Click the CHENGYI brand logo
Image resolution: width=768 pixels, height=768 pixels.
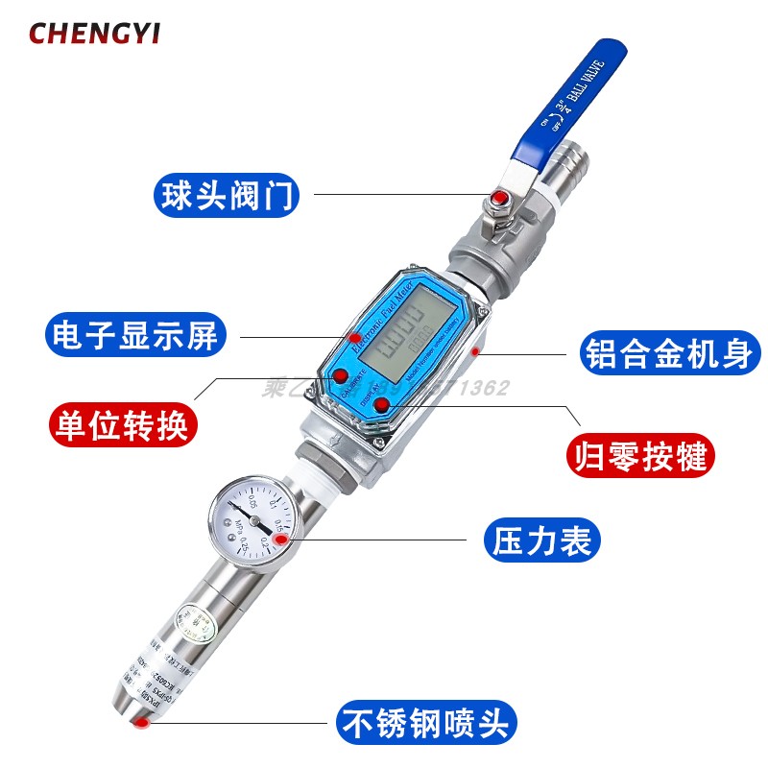click(94, 34)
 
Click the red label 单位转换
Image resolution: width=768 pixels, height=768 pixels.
click(123, 423)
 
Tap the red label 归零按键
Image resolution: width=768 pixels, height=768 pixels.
click(642, 453)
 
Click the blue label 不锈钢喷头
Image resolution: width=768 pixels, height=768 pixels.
click(425, 721)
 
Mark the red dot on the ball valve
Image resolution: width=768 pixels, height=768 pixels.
click(498, 200)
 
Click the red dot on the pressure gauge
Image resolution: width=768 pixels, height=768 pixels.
click(280, 540)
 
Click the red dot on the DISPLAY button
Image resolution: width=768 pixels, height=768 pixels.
click(382, 404)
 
